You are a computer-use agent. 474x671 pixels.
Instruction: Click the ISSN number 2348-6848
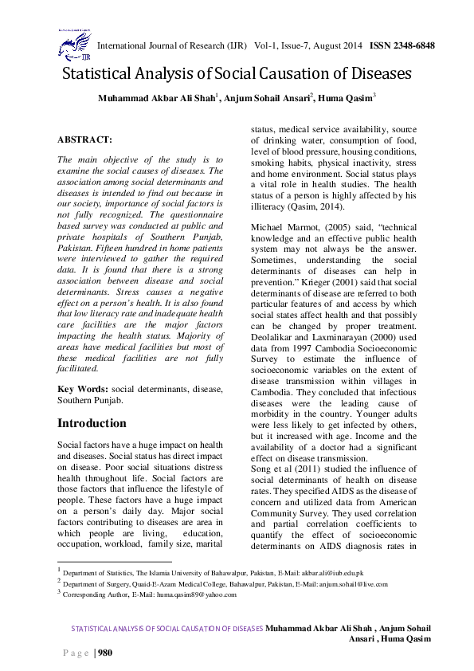click(x=409, y=45)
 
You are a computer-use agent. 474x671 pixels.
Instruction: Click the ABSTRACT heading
click(x=84, y=139)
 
